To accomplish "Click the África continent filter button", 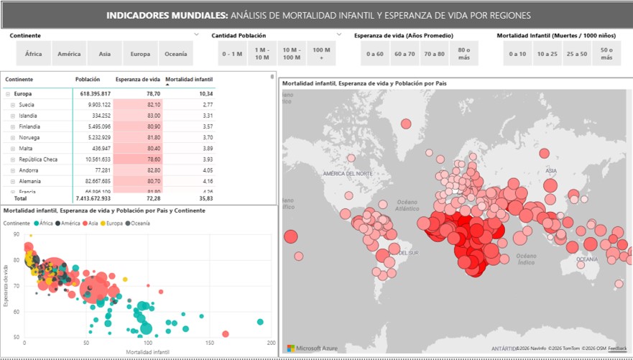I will (x=34, y=54).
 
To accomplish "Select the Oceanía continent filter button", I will (x=176, y=54).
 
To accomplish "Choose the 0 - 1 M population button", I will (x=232, y=54).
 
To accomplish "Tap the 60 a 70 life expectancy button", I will (x=405, y=54).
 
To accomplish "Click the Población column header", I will (x=88, y=80).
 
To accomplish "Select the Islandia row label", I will (x=28, y=116).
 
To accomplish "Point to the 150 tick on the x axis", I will (x=209, y=343).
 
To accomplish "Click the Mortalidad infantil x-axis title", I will (x=148, y=352).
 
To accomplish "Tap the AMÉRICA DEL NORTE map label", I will (x=348, y=174).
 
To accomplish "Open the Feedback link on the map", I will (x=616, y=349).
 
